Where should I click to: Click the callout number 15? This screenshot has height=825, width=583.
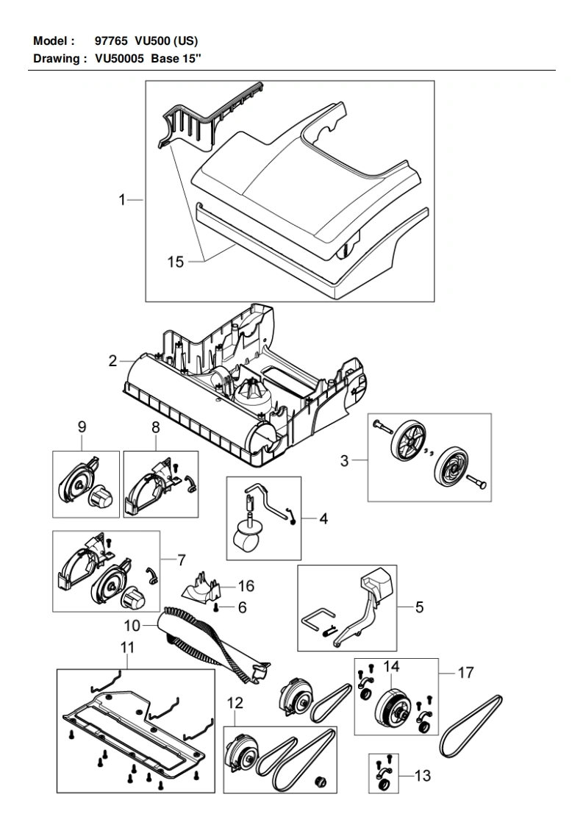coord(175,262)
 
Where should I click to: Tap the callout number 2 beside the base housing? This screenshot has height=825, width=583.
coord(112,361)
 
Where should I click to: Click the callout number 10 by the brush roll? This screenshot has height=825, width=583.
coord(132,626)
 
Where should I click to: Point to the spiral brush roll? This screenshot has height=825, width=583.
coord(215,645)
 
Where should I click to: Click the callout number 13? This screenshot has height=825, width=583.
coord(423,775)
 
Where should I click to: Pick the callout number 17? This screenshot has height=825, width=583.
coord(465,672)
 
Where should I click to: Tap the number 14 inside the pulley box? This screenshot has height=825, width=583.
coord(391,667)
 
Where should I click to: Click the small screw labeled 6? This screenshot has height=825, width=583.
coord(217,607)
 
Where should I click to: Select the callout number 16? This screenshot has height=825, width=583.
coord(246,585)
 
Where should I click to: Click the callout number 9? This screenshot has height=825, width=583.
coord(82,426)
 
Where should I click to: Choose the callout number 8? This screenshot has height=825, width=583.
coord(155,426)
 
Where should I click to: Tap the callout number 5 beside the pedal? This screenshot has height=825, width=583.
coord(419,607)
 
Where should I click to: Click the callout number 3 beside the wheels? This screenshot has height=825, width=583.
coord(344,461)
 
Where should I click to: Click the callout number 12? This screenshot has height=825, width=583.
coord(235,702)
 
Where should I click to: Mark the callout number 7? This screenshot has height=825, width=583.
coord(182,560)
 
